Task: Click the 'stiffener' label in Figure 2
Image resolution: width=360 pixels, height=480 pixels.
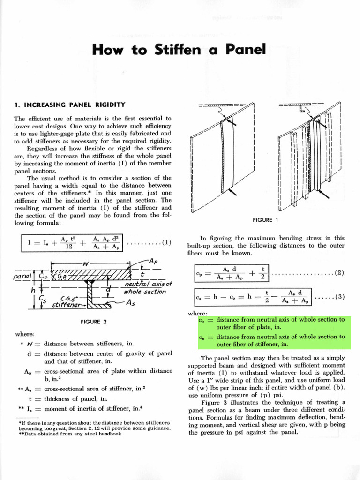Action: [66, 305]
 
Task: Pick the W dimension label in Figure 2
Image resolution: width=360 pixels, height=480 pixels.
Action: [86, 264]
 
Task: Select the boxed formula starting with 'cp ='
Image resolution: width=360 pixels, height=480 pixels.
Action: [231, 273]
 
